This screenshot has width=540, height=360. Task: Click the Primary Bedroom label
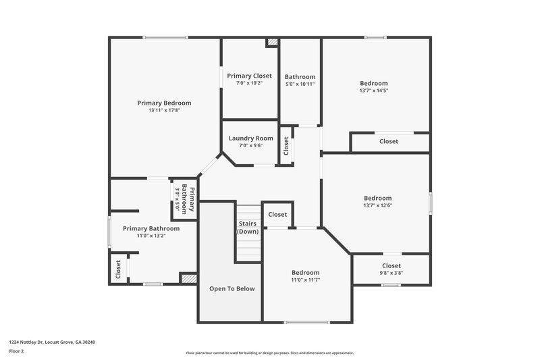164,103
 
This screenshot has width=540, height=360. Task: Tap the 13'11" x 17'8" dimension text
164,110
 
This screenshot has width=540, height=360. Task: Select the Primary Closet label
249,76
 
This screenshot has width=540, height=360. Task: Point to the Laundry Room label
250,138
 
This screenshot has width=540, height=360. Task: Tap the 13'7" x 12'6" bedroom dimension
377,205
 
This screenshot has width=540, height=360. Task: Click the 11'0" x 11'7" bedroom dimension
305,280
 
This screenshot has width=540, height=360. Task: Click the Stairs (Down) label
248,227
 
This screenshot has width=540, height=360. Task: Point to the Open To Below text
232,288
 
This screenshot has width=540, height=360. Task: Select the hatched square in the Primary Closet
272,42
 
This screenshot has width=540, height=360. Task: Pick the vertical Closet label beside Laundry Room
286,146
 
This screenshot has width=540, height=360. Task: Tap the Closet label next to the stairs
277,215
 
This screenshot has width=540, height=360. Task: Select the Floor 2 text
16,351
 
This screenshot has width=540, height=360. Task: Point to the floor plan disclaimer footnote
269,353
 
